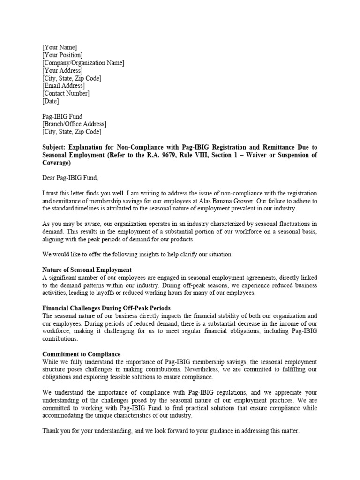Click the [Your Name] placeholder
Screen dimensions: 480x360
pos(60,47)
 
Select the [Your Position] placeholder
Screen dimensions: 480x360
pos(62,55)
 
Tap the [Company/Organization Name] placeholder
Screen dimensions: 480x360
pos(83,63)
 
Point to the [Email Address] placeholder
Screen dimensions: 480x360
pos(63,86)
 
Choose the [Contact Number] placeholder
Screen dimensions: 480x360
pos(66,93)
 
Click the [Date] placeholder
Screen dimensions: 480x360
pos(51,101)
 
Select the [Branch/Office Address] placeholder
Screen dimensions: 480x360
pos(75,124)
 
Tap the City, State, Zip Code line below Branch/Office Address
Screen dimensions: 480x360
pos(72,132)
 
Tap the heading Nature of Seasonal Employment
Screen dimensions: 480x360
pos(87,270)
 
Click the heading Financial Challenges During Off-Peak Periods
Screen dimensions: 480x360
pos(106,308)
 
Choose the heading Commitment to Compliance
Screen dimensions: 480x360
pos(82,354)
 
